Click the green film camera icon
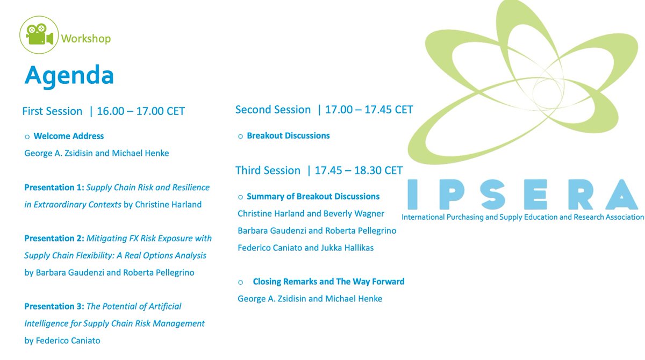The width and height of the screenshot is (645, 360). click(x=38, y=35)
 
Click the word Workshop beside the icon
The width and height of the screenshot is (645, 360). click(x=86, y=39)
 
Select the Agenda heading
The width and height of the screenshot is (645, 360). click(x=69, y=75)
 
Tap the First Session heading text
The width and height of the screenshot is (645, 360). click(x=52, y=111)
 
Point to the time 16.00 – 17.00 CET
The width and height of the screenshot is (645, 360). click(x=141, y=111)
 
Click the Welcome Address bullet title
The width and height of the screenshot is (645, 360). click(x=68, y=136)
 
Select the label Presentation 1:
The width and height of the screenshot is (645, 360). click(x=54, y=188)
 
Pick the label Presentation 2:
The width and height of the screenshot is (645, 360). click(x=54, y=238)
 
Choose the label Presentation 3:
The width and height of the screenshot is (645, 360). click(x=54, y=306)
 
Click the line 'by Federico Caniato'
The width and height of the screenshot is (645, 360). click(x=62, y=340)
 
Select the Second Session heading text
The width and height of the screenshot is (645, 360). click(x=273, y=110)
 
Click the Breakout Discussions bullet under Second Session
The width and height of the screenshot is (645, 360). click(x=288, y=135)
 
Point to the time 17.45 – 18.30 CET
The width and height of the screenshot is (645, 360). click(x=359, y=170)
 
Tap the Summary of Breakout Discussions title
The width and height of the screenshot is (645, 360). click(x=313, y=196)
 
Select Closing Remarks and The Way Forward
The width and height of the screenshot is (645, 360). click(x=328, y=282)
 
